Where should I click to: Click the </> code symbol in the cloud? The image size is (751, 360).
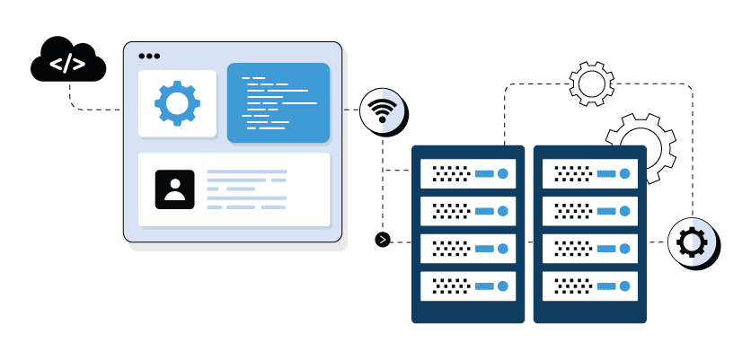(67, 64)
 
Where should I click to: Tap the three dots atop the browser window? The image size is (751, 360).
(149, 56)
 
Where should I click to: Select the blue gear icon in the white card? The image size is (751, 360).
(177, 103)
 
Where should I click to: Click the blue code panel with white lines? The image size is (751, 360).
(278, 103)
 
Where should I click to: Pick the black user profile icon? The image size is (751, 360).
(174, 189)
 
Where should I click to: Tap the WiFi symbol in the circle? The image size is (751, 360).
(383, 111)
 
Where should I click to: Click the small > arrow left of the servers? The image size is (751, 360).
(383, 239)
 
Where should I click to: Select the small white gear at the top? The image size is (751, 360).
(591, 84)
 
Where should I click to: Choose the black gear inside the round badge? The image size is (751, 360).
(692, 241)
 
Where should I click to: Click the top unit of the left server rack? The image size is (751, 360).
(468, 173)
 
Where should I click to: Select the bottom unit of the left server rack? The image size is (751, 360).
(468, 286)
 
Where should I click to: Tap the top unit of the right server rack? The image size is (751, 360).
(589, 173)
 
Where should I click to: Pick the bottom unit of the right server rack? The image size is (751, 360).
(589, 286)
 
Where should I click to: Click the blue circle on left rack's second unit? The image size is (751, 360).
(503, 211)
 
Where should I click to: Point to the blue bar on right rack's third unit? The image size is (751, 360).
(606, 249)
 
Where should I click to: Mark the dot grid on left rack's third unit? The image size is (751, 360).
(450, 249)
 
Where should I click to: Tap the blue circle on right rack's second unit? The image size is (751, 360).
(624, 211)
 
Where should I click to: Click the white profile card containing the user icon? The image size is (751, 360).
(234, 189)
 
